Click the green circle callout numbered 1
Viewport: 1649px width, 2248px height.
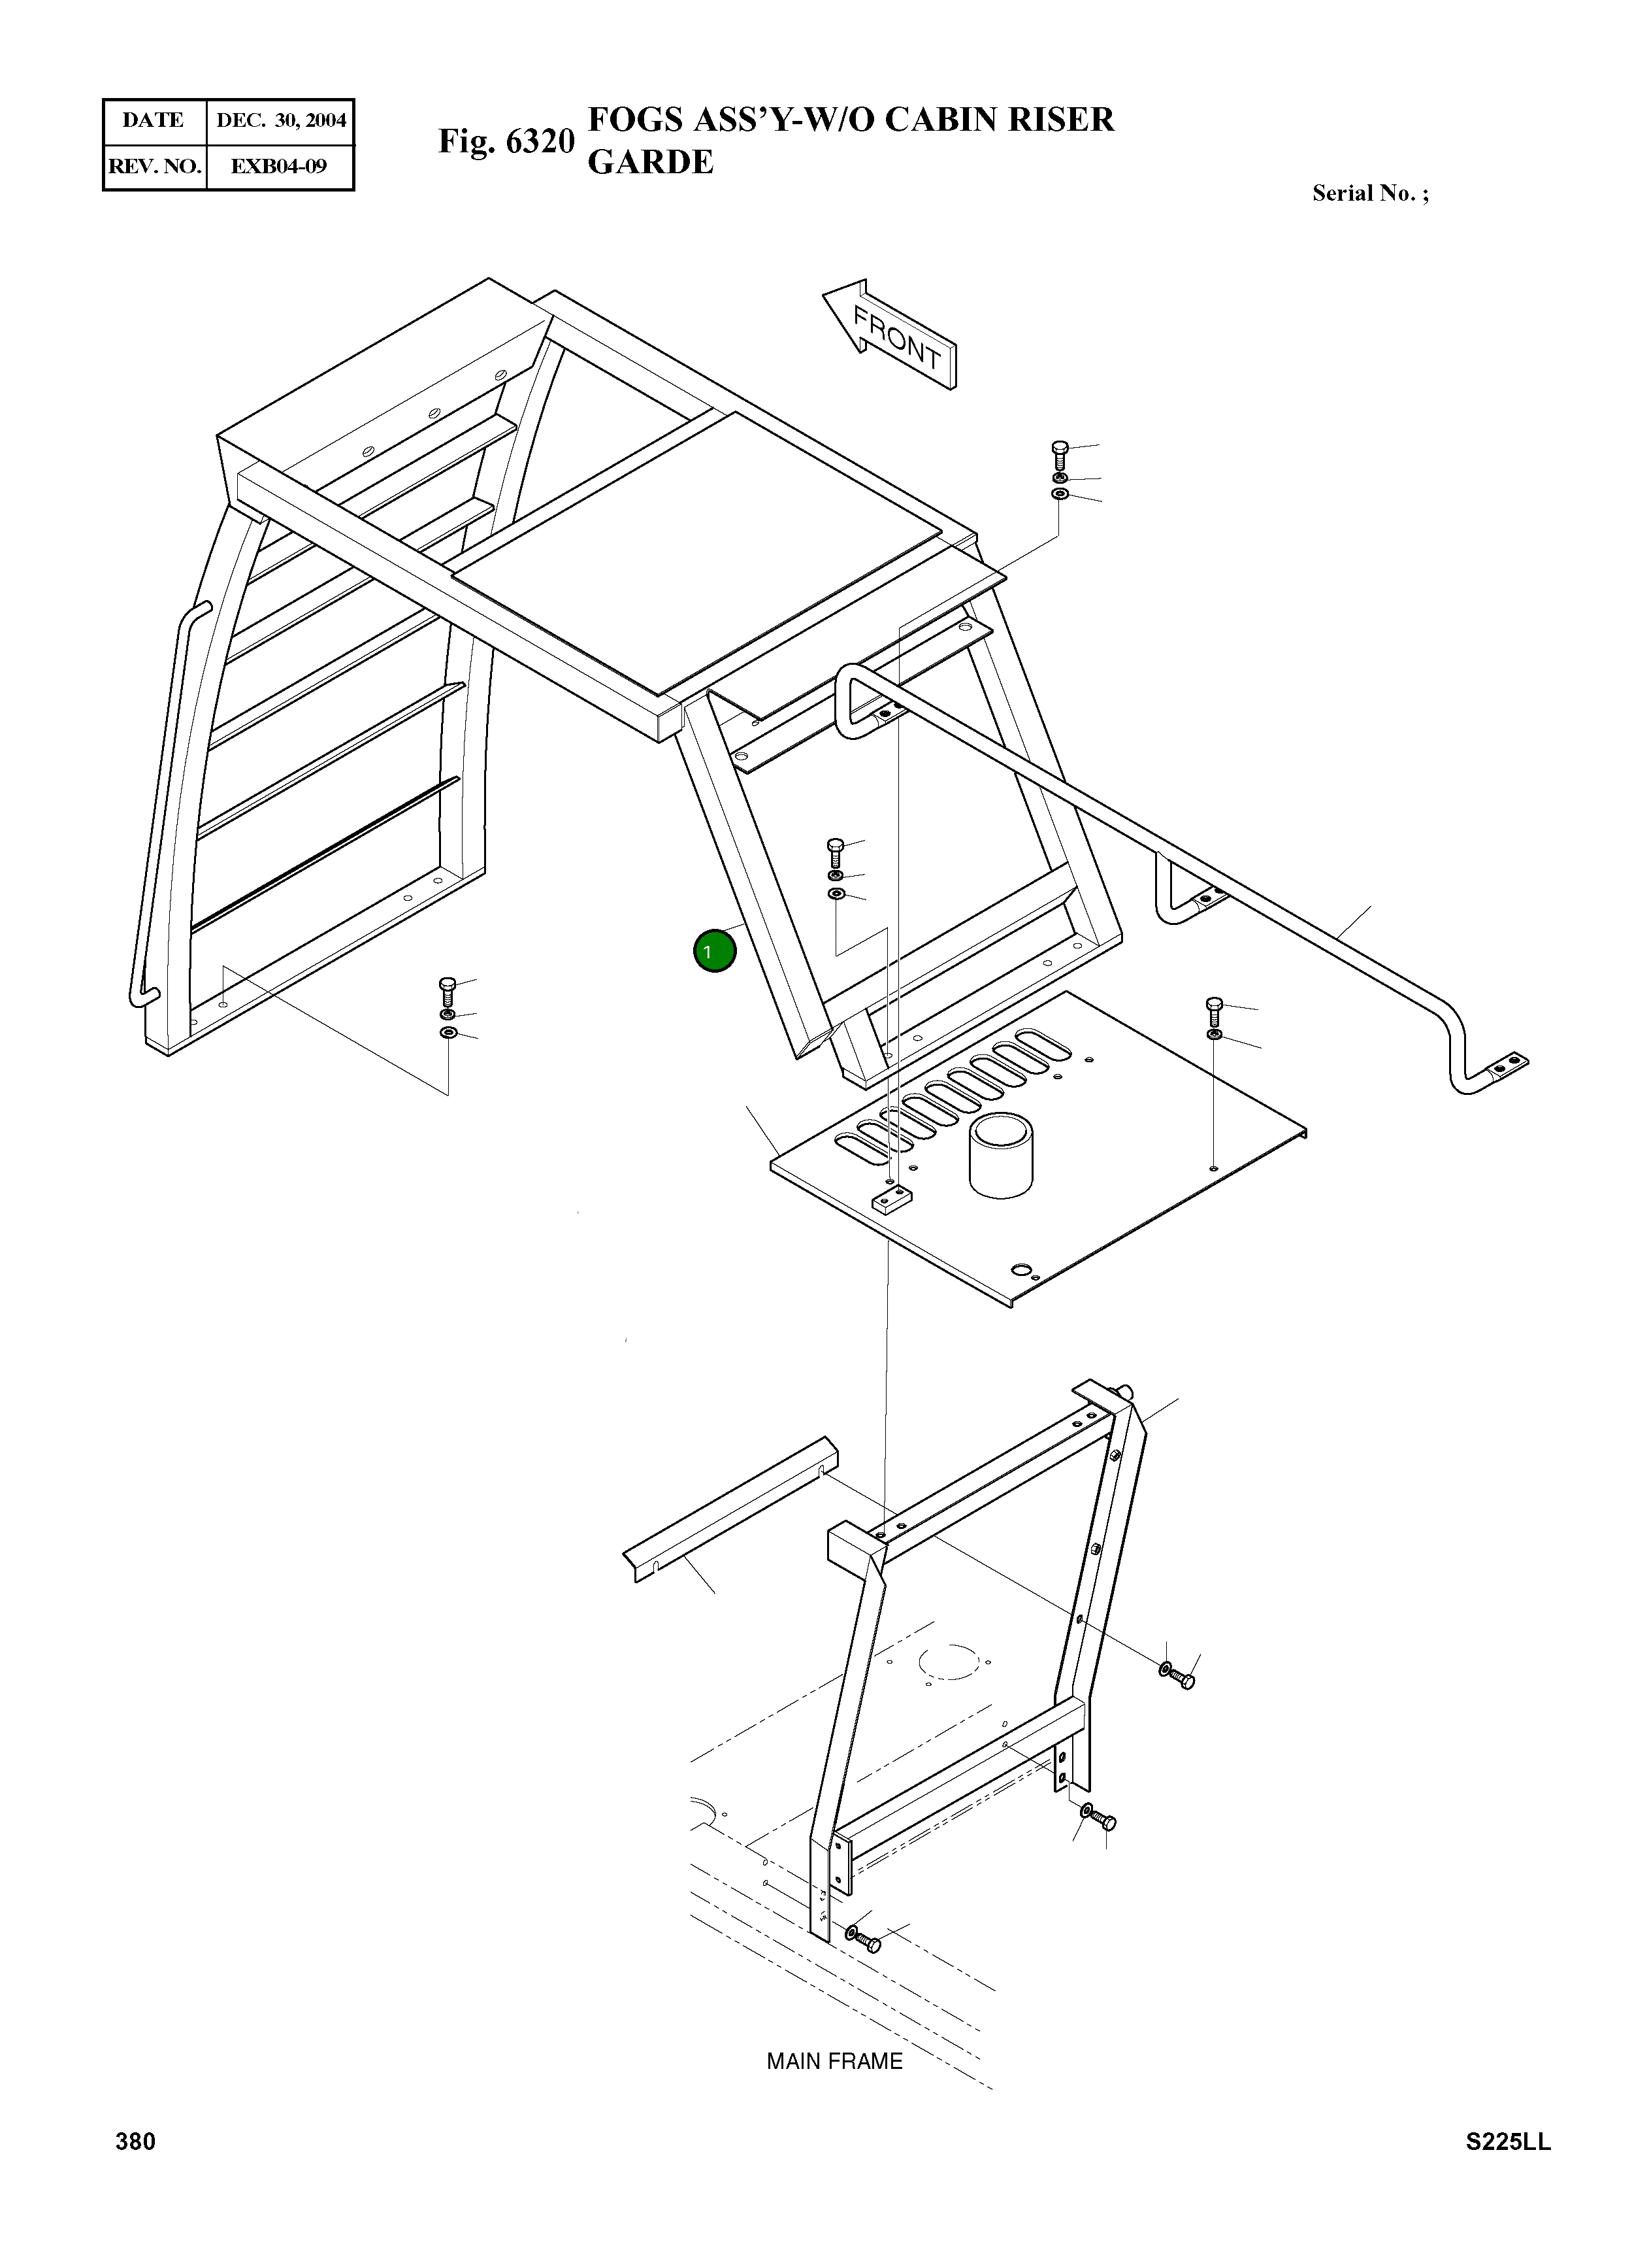coord(713,950)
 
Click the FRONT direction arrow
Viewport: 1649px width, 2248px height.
coord(890,335)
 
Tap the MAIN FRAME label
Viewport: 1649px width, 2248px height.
coord(834,2061)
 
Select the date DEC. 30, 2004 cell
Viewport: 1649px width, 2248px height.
coord(280,121)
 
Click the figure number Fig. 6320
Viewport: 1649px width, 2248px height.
coord(506,142)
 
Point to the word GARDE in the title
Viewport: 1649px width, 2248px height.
coord(650,161)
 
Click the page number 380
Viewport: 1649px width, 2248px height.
coord(136,2170)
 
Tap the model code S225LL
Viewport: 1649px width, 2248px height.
coord(1509,2170)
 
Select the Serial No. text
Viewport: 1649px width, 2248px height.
coord(1369,193)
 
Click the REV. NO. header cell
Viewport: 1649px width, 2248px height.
coord(154,167)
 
